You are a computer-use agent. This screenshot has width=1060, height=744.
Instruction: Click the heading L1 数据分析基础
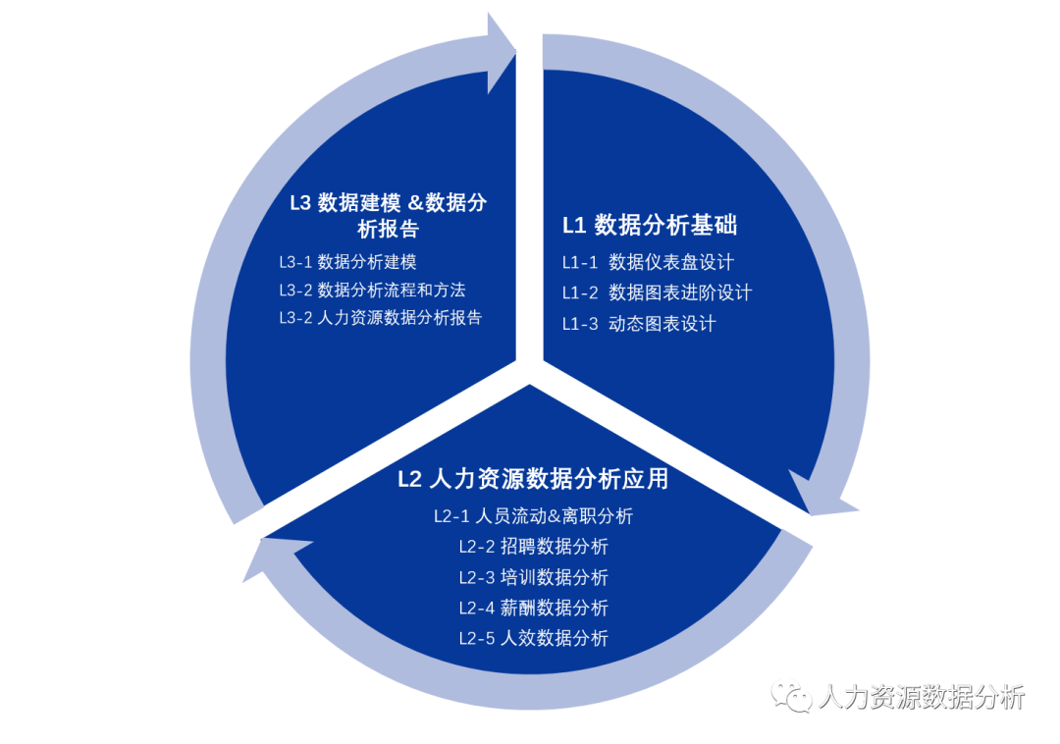(649, 225)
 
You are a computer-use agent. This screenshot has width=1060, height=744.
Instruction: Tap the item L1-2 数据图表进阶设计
(657, 292)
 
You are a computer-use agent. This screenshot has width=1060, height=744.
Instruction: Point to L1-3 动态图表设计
(638, 324)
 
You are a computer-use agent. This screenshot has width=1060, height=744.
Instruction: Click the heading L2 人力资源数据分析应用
(533, 479)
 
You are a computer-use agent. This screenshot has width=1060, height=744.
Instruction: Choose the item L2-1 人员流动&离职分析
(533, 516)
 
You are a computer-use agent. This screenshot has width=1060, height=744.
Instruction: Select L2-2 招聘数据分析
(533, 547)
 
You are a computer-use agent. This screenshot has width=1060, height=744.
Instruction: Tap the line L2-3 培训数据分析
(533, 577)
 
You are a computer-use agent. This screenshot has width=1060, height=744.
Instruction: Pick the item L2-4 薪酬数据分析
(533, 608)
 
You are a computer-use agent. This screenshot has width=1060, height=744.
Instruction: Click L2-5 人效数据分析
(533, 638)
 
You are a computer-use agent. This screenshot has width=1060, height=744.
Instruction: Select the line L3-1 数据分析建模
(347, 262)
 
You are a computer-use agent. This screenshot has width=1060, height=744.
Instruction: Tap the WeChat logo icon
(791, 695)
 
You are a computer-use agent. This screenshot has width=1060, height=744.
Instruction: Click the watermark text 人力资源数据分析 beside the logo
(921, 697)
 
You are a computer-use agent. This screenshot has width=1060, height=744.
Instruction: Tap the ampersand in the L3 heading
(415, 203)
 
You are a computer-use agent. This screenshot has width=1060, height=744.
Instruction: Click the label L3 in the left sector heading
(299, 203)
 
